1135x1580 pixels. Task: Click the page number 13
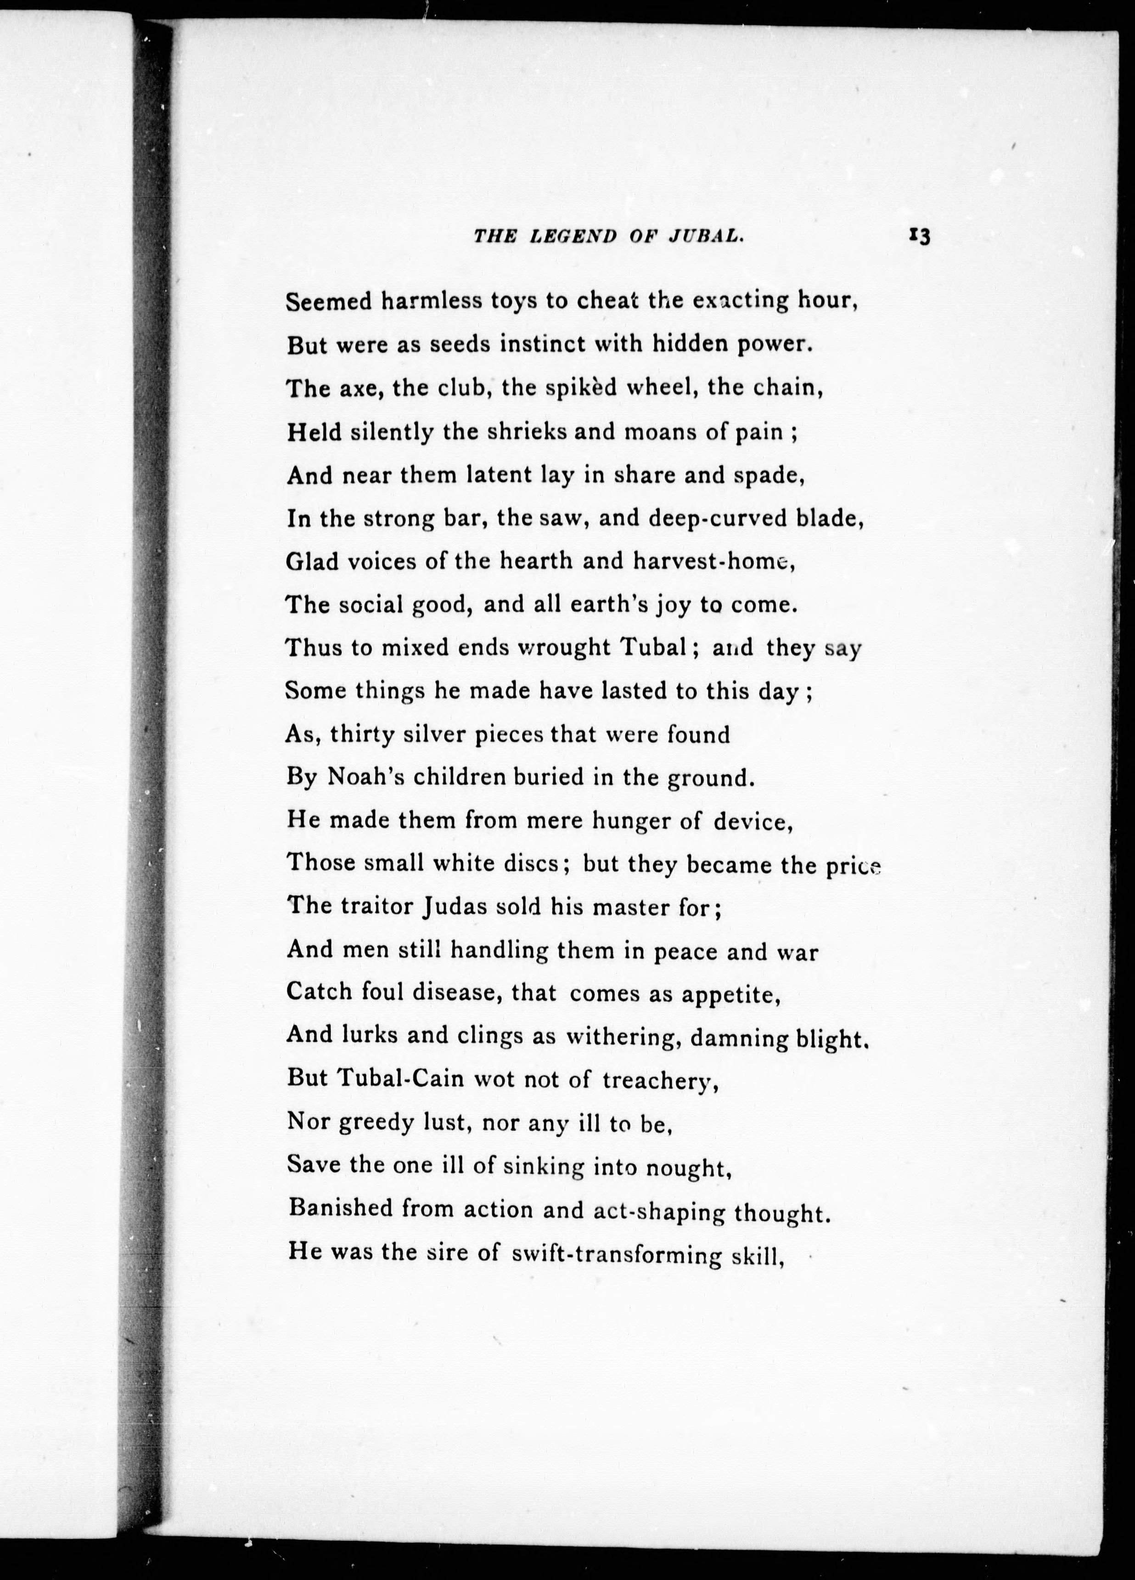click(919, 237)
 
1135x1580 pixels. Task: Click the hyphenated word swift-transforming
click(616, 1254)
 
